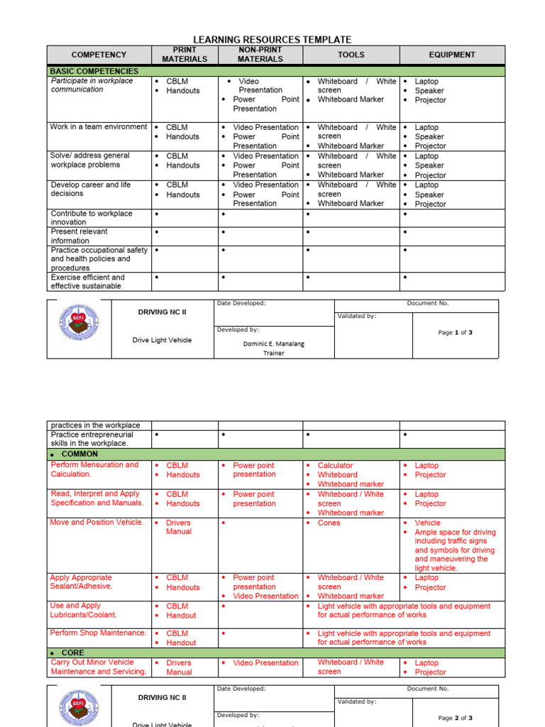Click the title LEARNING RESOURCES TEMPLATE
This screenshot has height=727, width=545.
pyautogui.click(x=272, y=40)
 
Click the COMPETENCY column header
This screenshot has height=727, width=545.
pyautogui.click(x=99, y=55)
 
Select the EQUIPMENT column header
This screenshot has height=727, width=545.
pyautogui.click(x=452, y=55)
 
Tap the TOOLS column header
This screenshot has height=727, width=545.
pyautogui.click(x=351, y=55)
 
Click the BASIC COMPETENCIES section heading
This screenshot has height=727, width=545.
pyautogui.click(x=94, y=72)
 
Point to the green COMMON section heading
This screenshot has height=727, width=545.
pyautogui.click(x=79, y=454)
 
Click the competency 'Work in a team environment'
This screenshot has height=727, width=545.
pyautogui.click(x=99, y=127)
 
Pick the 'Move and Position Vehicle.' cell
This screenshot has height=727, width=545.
pyautogui.click(x=97, y=523)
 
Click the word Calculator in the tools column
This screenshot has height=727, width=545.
pyautogui.click(x=335, y=466)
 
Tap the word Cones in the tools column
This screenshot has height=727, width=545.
pyautogui.click(x=329, y=523)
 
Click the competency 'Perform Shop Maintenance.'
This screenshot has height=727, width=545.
pyautogui.click(x=99, y=633)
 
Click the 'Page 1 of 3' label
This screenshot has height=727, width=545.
pyautogui.click(x=455, y=332)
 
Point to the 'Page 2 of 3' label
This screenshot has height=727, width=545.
pyautogui.click(x=455, y=718)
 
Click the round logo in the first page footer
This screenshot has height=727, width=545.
pyautogui.click(x=79, y=327)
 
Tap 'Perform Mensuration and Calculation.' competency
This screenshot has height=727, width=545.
pyautogui.click(x=94, y=469)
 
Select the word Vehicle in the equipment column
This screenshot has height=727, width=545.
pyautogui.click(x=427, y=523)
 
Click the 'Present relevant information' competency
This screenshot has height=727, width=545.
pyautogui.click(x=79, y=236)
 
